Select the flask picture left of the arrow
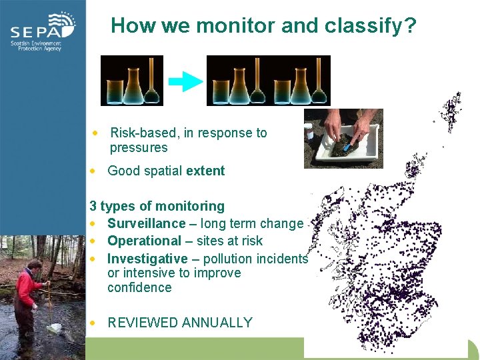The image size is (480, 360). tap(132, 81)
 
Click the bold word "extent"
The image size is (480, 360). tap(205, 171)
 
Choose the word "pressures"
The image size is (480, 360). tap(139, 147)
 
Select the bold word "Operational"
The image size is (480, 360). tap(144, 241)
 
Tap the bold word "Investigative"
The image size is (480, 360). tap(147, 258)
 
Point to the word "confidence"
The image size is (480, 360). tap(139, 287)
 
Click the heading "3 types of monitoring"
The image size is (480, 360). tap(157, 206)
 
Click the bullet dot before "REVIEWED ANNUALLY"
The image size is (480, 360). tap(95, 323)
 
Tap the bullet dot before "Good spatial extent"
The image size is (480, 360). tap(95, 171)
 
